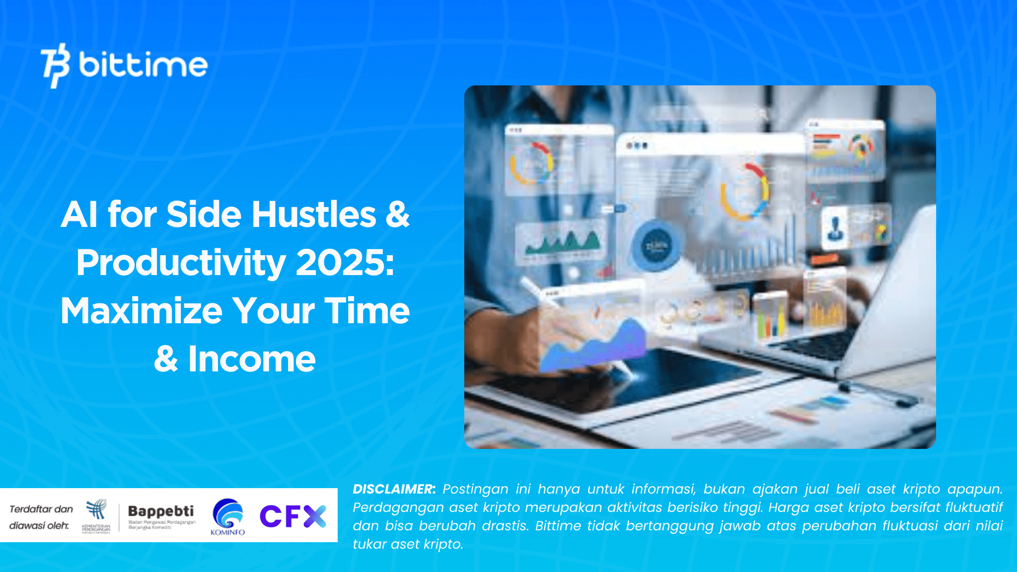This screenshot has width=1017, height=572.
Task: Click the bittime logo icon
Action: click(x=56, y=65)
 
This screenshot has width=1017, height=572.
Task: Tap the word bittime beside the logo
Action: click(x=143, y=64)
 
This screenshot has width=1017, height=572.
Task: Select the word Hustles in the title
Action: click(x=313, y=214)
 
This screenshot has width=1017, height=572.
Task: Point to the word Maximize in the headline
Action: click(x=142, y=310)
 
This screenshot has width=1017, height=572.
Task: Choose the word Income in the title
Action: click(x=252, y=358)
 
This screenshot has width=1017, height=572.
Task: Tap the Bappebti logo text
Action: click(x=161, y=511)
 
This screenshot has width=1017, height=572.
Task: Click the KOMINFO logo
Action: click(x=227, y=516)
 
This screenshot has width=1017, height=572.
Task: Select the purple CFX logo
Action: click(x=293, y=516)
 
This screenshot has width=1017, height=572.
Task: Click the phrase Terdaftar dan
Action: click(x=41, y=509)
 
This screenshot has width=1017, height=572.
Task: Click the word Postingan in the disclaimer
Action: click(x=475, y=489)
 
